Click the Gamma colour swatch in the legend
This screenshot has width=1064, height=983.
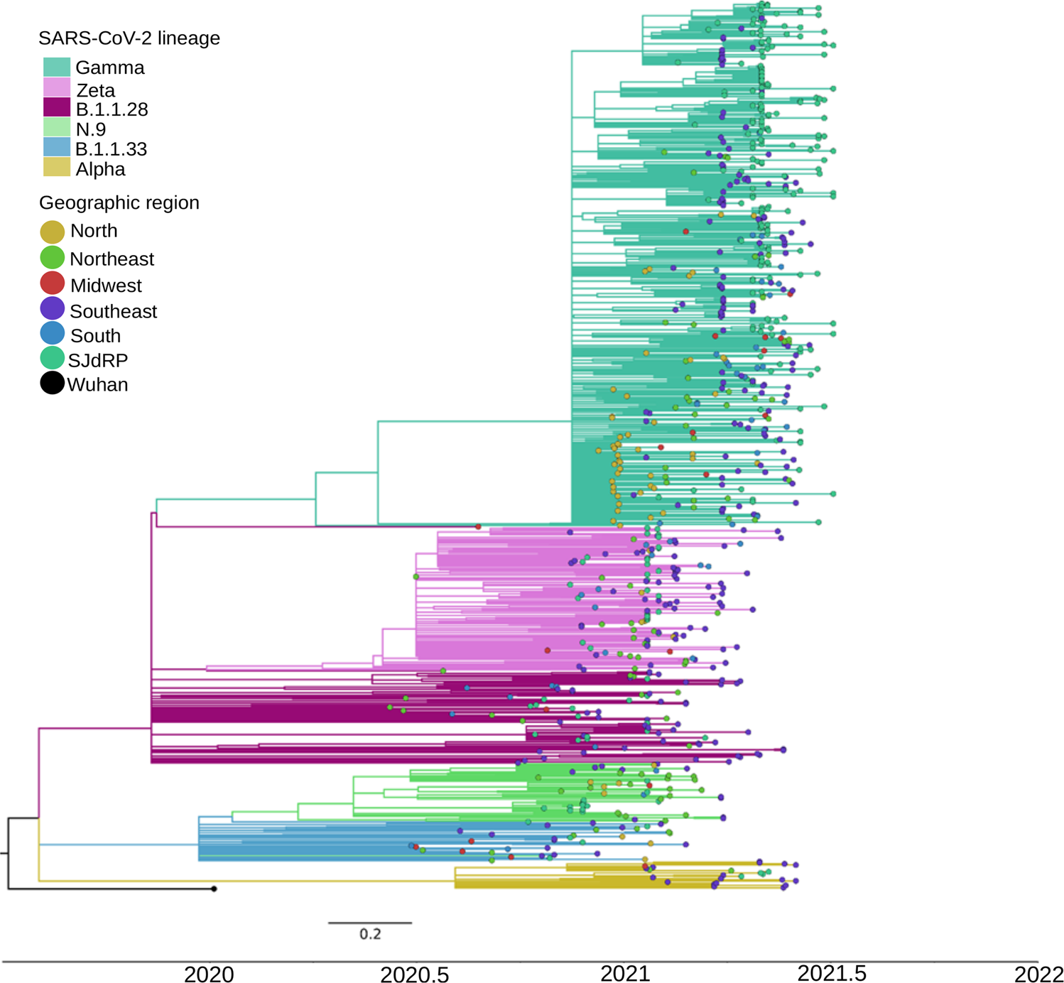point(57,67)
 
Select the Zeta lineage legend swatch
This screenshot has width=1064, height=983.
point(57,87)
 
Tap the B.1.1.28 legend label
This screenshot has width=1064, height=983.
point(112,109)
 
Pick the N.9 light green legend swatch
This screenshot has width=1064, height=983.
point(57,128)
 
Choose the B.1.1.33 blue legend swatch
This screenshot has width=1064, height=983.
point(57,148)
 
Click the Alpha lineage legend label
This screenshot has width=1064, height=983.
point(100,169)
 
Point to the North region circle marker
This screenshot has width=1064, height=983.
point(53,232)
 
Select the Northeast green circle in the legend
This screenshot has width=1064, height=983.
point(53,258)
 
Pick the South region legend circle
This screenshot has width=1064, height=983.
point(53,334)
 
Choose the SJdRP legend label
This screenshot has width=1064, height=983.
point(98,360)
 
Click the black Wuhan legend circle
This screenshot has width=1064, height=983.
point(53,384)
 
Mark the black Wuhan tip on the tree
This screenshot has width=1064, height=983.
point(214,889)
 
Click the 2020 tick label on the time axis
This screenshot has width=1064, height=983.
point(209,973)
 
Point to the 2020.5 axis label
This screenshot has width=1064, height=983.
point(414,974)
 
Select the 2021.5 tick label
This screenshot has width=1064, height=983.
point(832,973)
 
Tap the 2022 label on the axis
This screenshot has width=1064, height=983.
point(1038,973)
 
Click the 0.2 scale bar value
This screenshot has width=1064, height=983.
point(370,934)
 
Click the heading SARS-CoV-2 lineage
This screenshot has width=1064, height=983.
point(129,38)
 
